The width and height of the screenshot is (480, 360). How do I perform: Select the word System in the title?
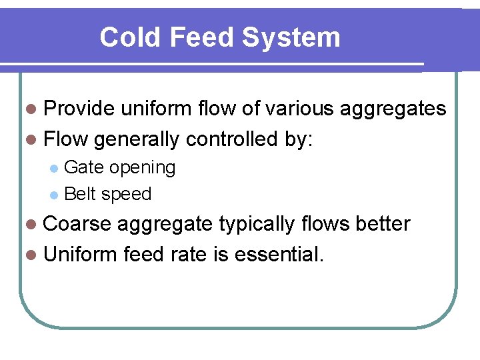tap(291, 37)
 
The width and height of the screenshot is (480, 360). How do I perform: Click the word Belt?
tap(81, 194)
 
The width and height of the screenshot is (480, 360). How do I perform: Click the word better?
tap(382, 224)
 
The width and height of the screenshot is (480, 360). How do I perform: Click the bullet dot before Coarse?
tap(33, 225)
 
